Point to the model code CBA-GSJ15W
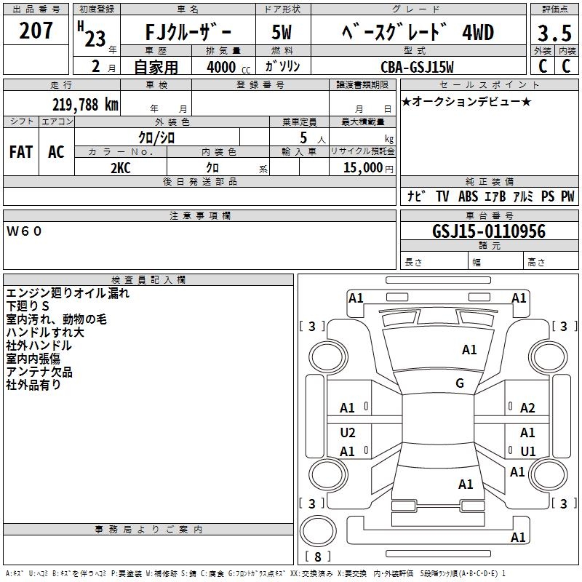coord(417,67)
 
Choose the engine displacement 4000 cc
coord(222,67)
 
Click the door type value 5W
coord(283,33)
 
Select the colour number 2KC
coord(120,167)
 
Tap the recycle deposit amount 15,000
coord(362,167)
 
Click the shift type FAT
coord(21,151)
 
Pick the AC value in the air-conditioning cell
coord(56,151)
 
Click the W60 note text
coord(25,231)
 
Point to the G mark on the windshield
coord(460,383)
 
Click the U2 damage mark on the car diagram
coord(348,433)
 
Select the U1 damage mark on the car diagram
coord(527,451)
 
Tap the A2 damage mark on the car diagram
coord(527,408)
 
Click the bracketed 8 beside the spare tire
coord(317,557)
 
